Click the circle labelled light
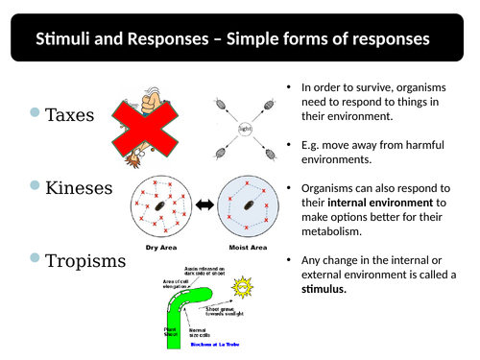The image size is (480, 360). pos(245,127)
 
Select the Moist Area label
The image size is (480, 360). pos(246,248)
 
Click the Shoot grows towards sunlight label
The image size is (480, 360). pos(228,309)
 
